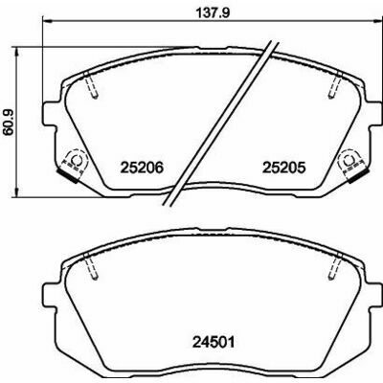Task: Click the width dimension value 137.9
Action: click(x=213, y=13)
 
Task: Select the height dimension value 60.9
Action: click(x=9, y=122)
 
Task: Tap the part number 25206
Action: click(x=142, y=168)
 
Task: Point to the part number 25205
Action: click(x=284, y=168)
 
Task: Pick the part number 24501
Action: click(x=214, y=343)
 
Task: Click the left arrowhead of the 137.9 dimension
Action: click(x=47, y=21)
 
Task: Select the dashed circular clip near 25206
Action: click(x=76, y=160)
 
